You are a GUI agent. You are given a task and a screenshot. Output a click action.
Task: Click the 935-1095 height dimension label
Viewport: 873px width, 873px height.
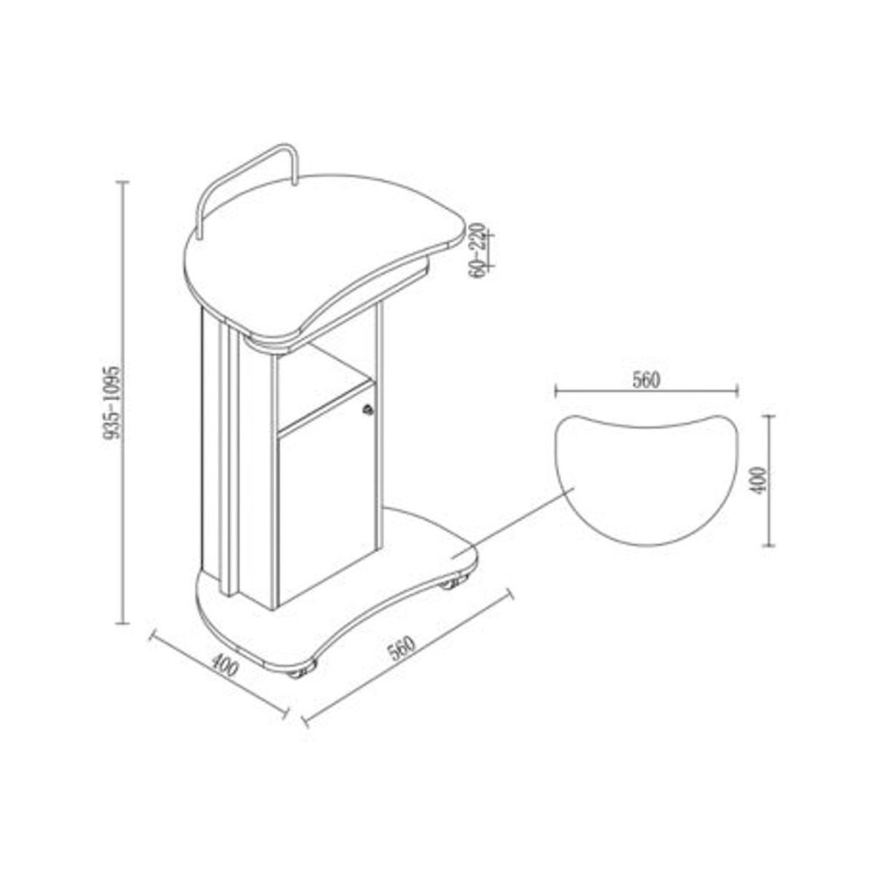(112, 402)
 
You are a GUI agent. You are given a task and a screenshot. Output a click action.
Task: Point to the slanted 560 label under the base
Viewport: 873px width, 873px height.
(402, 650)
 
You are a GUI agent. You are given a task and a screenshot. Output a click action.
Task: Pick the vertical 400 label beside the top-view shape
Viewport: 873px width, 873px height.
(757, 481)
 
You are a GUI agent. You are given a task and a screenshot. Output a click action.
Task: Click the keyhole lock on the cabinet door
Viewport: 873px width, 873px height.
(368, 410)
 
